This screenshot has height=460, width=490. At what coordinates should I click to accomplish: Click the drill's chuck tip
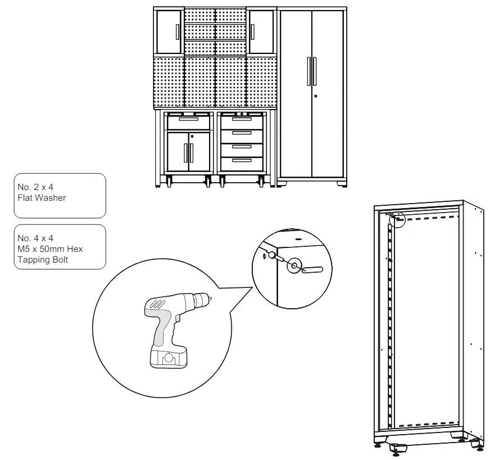pyautogui.click(x=211, y=296)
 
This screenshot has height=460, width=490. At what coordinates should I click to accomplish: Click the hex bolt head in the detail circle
pyautogui.click(x=272, y=255)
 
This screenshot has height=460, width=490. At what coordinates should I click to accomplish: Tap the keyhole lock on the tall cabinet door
pyautogui.click(x=316, y=96)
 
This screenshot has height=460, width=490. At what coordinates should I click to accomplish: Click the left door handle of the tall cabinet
pyautogui.click(x=308, y=70)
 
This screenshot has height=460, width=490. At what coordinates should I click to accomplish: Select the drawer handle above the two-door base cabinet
pyautogui.click(x=188, y=120)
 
